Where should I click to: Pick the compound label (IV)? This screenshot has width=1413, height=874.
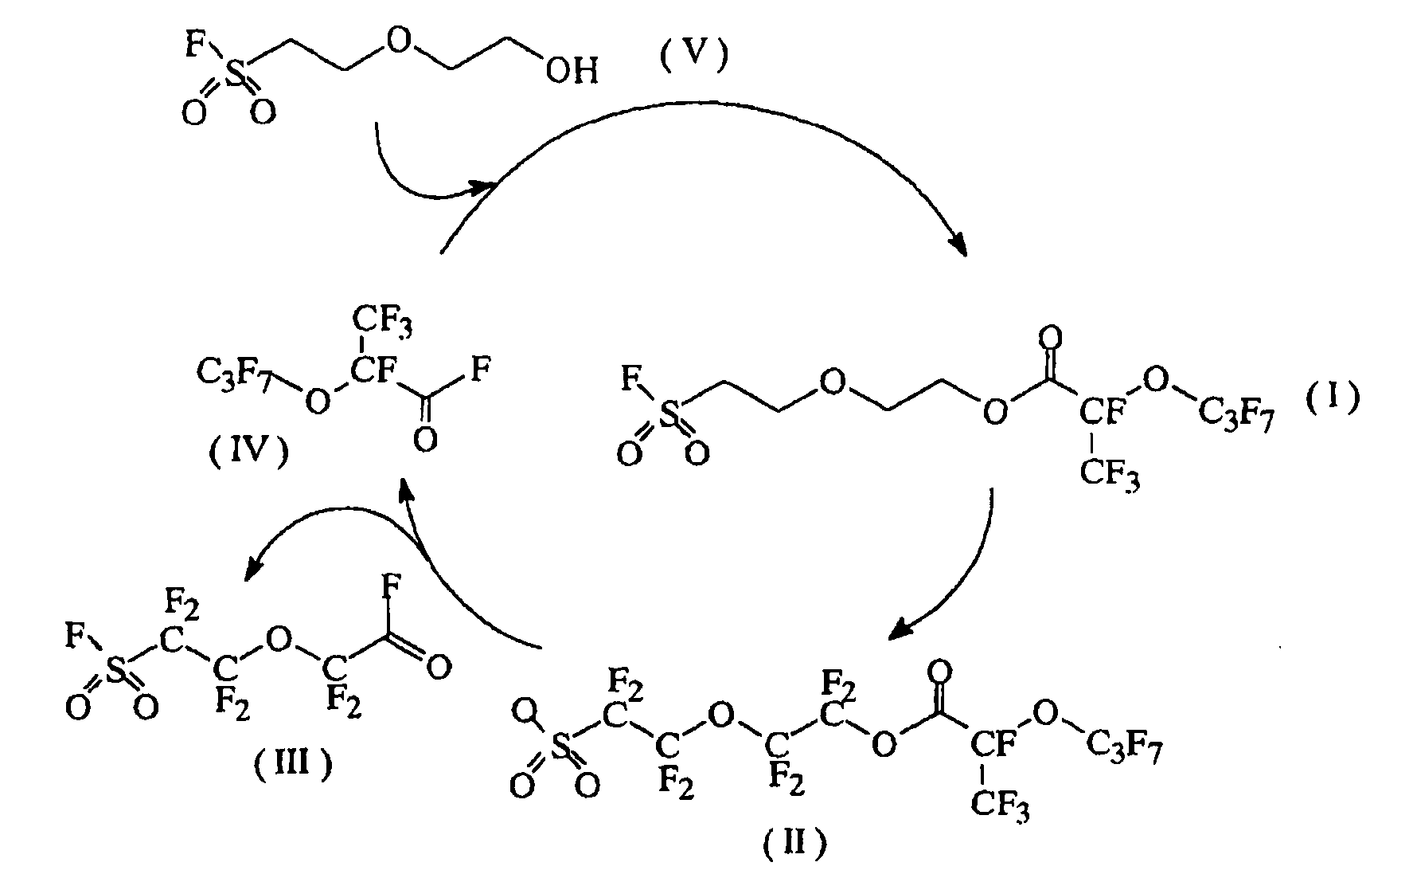248,455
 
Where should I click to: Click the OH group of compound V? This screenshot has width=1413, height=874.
571,73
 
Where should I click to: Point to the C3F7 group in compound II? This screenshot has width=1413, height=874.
1125,747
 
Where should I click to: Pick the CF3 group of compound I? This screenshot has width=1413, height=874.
1110,476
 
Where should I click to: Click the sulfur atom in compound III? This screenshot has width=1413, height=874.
116,673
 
